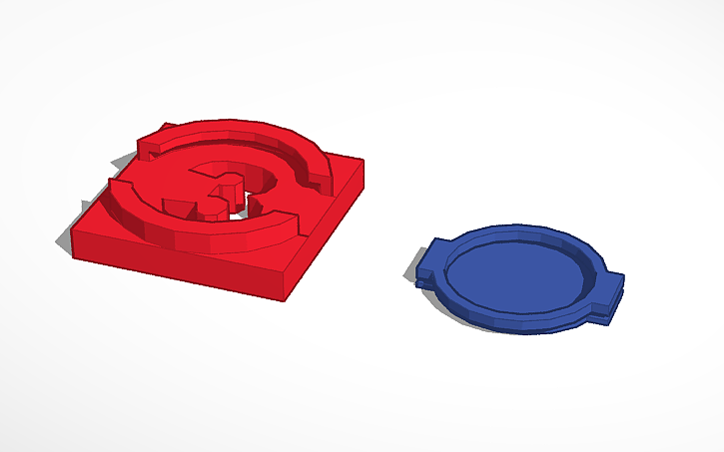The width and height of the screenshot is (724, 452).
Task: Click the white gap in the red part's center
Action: click(x=237, y=212)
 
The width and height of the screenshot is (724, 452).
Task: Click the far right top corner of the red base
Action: click(x=362, y=162)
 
